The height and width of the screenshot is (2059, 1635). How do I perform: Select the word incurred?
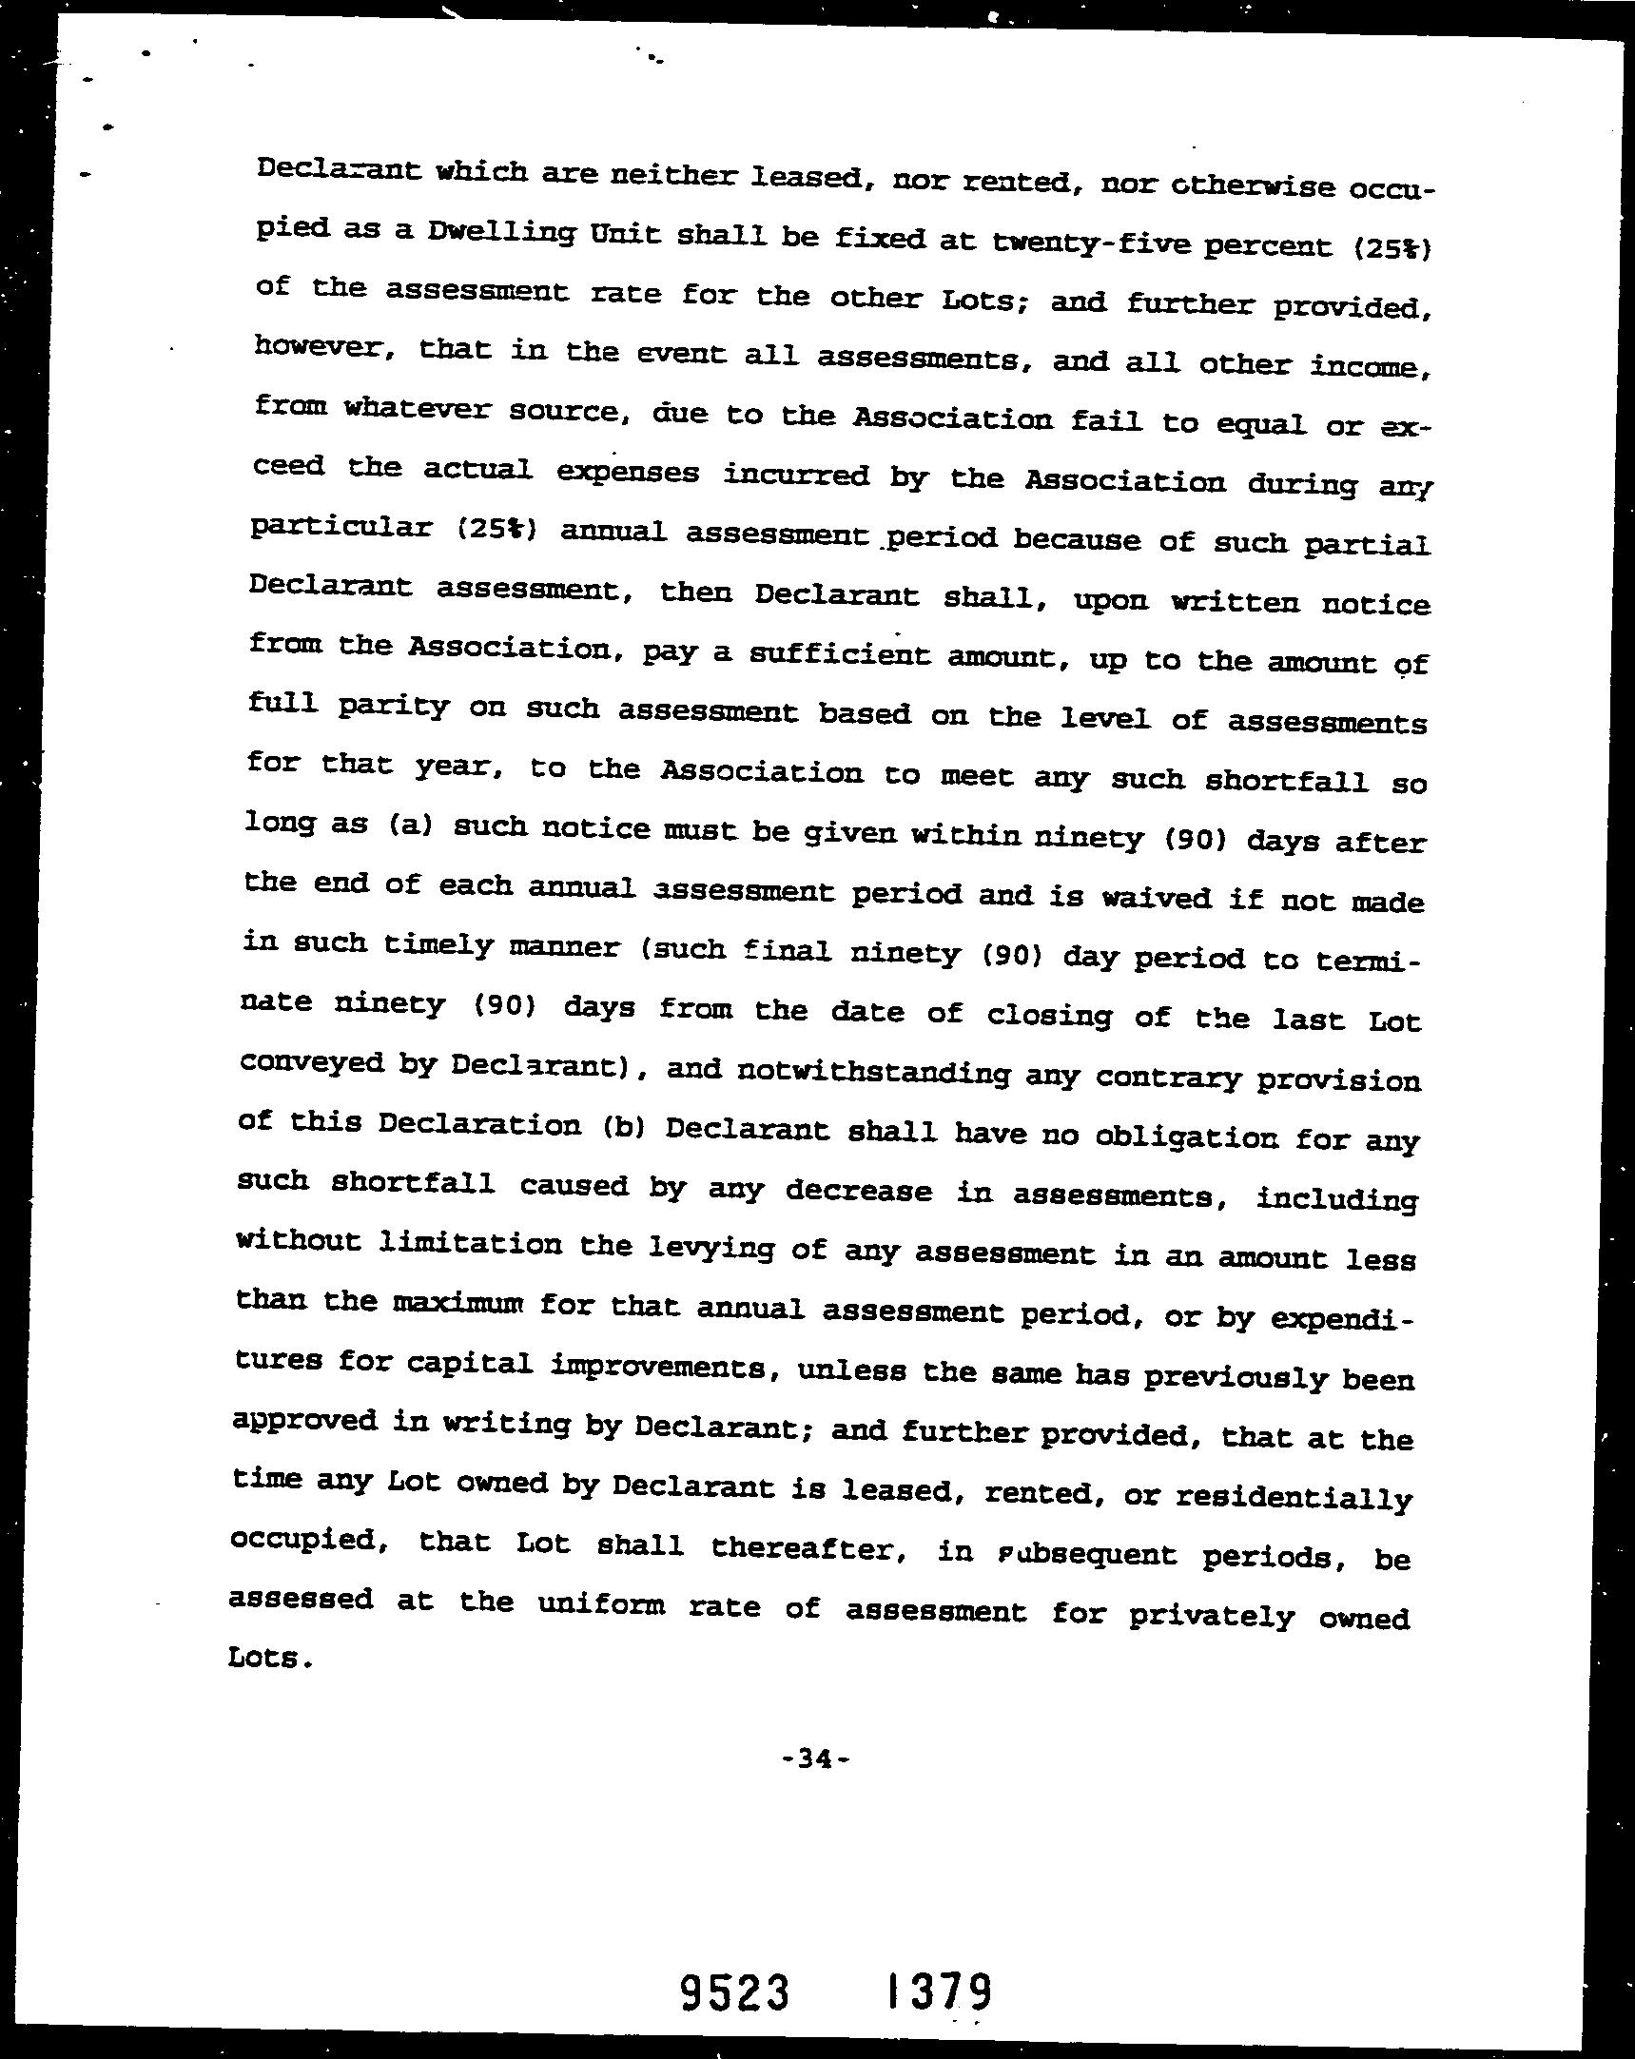pos(795,475)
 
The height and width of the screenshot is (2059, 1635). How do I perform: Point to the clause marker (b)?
pos(626,1127)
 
